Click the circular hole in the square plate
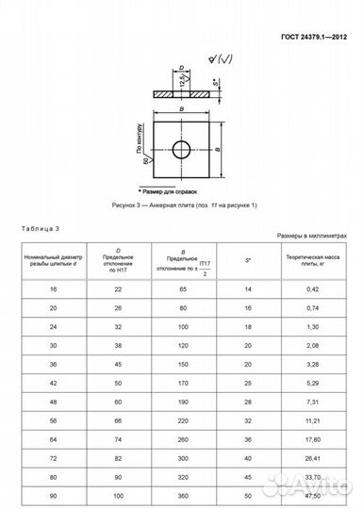coord(182,148)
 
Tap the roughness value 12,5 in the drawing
coord(180,79)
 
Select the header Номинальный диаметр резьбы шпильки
coord(53,259)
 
